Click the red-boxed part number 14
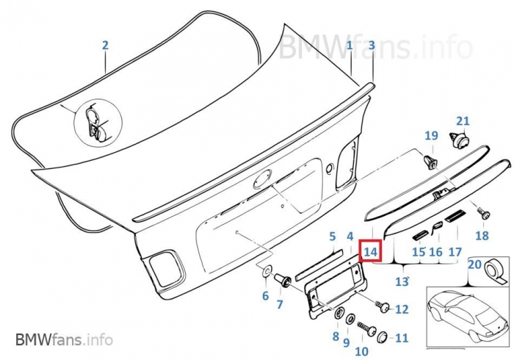pos(371,251)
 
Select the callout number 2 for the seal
pos(105,46)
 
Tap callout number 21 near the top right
pos(462,121)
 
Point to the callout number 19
pos(431,135)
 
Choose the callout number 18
pos(482,236)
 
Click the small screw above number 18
pos(483,213)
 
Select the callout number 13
pos(402,281)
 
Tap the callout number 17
pos(455,252)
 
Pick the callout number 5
pos(332,237)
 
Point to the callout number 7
pos(280,304)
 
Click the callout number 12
pos(401,309)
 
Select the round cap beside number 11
pos(382,337)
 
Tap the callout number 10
pos(361,351)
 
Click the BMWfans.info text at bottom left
pos(64,340)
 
